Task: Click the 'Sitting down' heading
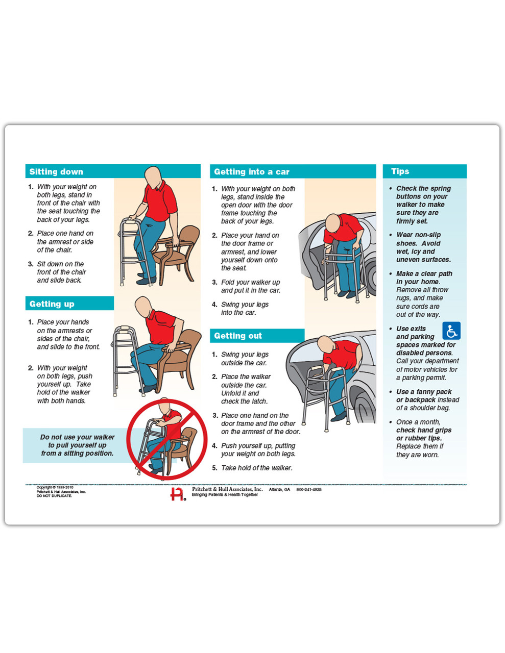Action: (x=56, y=171)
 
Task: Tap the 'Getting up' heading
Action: (x=52, y=304)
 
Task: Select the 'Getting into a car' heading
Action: (x=251, y=171)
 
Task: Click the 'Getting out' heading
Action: (x=237, y=336)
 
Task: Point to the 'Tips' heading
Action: (x=400, y=171)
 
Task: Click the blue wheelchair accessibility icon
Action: (x=451, y=331)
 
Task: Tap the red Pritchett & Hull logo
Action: (x=178, y=494)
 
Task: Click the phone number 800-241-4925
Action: (x=309, y=490)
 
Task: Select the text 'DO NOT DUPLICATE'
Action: (x=54, y=496)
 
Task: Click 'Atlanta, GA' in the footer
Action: (x=279, y=490)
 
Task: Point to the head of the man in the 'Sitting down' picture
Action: (x=153, y=178)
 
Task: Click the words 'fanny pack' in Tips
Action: (x=434, y=392)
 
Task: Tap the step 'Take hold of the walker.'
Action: (x=256, y=468)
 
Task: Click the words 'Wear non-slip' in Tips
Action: (x=418, y=235)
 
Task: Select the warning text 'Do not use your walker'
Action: (x=77, y=437)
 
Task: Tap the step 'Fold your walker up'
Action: (x=250, y=282)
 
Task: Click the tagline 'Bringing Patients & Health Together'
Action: (x=225, y=495)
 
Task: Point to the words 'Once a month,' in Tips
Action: (x=418, y=422)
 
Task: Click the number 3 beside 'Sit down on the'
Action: (x=30, y=264)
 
